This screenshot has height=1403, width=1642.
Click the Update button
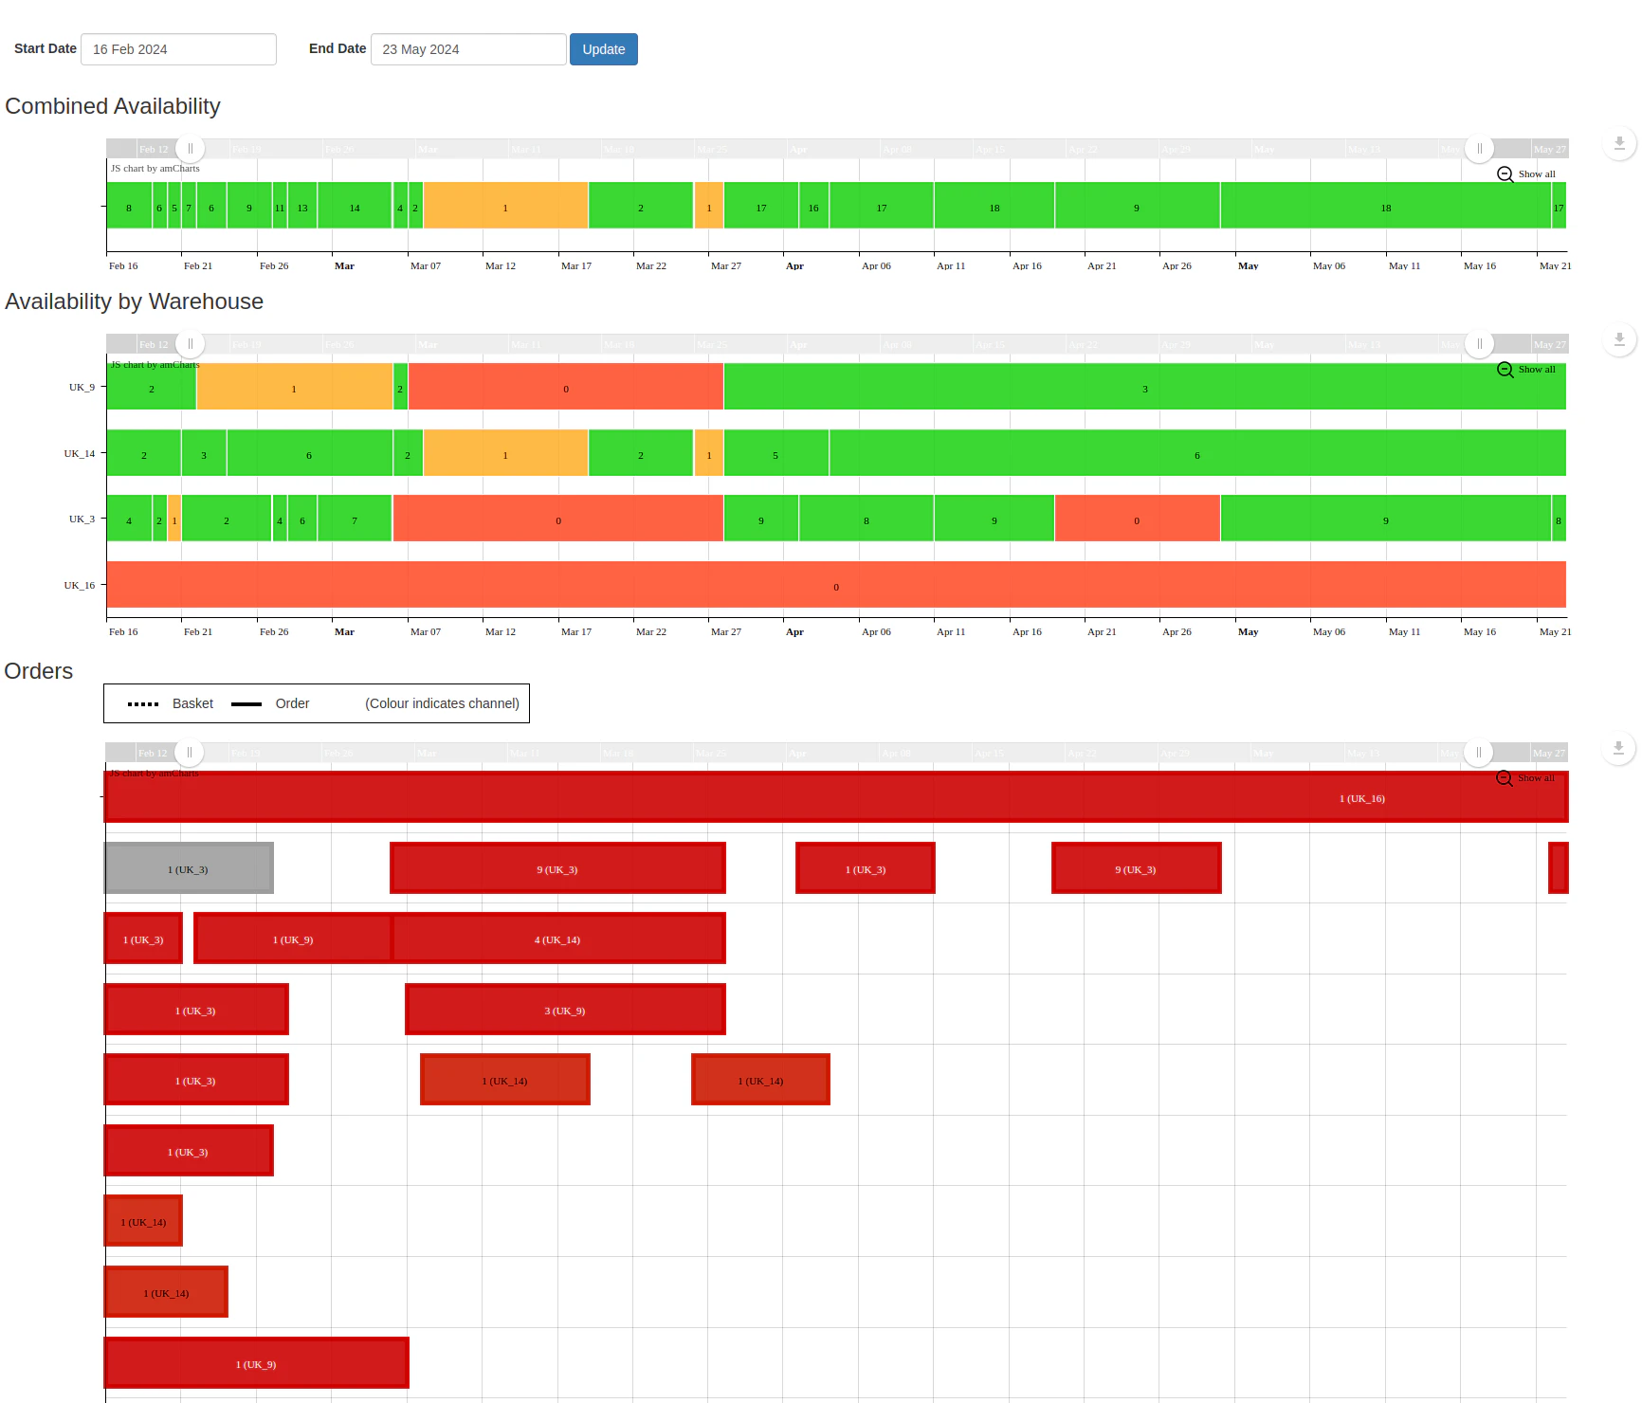tap(603, 49)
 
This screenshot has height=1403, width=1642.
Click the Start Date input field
tap(178, 49)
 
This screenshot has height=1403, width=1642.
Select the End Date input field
tap(468, 49)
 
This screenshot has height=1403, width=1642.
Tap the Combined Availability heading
tap(113, 106)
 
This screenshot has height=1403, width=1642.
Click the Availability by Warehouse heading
tap(135, 301)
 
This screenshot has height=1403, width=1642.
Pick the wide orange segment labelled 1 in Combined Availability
tap(505, 206)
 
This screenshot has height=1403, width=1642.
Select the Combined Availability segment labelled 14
tap(355, 206)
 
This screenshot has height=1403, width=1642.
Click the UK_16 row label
tap(80, 585)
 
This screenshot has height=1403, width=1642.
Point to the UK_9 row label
tap(82, 387)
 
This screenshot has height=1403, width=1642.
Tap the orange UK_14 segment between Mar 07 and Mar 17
tap(505, 453)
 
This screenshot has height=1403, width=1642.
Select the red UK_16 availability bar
tap(835, 585)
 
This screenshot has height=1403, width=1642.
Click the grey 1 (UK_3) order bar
tap(189, 868)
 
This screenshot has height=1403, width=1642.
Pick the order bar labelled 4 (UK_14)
tap(558, 938)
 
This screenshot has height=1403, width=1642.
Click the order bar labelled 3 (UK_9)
tap(565, 1010)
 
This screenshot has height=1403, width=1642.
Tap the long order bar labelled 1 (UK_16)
tap(835, 797)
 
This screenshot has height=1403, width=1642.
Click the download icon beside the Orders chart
tap(1618, 749)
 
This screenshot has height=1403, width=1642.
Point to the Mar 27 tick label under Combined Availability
tap(726, 266)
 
